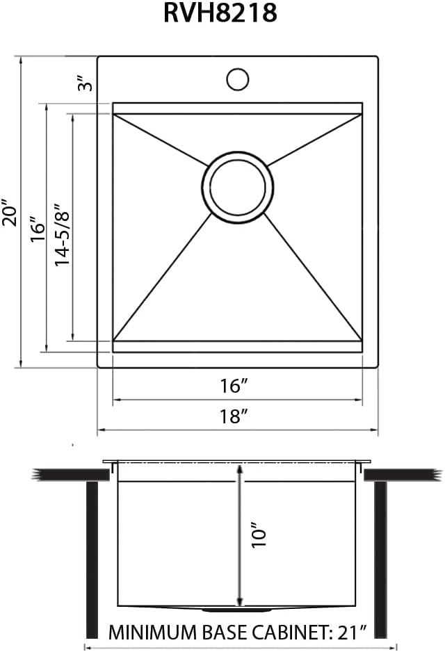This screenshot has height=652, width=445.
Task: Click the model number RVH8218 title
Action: pyautogui.click(x=220, y=13)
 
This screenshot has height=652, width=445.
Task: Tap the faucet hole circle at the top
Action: pyautogui.click(x=238, y=79)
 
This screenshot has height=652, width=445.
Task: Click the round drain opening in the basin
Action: pyautogui.click(x=238, y=188)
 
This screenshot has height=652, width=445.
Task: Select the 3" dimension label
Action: pyautogui.click(x=86, y=83)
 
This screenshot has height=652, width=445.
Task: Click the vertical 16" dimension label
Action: pyautogui.click(x=38, y=229)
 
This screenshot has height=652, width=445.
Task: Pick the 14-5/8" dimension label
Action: pyautogui.click(x=63, y=234)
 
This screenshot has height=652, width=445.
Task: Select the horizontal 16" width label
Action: pyautogui.click(x=234, y=386)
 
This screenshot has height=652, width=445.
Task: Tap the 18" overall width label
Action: pyautogui.click(x=234, y=416)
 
